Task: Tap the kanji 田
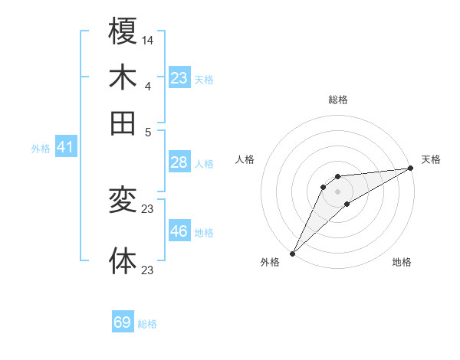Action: [123, 123]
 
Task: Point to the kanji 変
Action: [123, 200]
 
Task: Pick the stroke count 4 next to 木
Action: [147, 85]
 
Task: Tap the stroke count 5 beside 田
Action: [148, 131]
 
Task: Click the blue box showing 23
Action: [179, 78]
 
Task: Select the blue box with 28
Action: [179, 162]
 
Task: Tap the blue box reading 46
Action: [179, 231]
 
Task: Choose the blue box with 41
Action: [64, 147]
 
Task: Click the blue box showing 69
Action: [123, 322]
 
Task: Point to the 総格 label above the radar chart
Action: [338, 100]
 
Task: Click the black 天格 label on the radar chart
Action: [431, 159]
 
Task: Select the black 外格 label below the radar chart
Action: [271, 262]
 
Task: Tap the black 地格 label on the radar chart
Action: [402, 262]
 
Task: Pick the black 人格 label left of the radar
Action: [245, 159]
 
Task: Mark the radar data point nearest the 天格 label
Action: [411, 169]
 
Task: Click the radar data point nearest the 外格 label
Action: [292, 253]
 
